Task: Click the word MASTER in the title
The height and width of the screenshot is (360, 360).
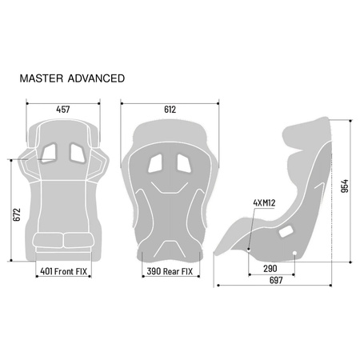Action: coord(44,78)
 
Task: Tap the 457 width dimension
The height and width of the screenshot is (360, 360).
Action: coord(63,109)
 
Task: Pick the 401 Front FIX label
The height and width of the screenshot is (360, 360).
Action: coord(63,272)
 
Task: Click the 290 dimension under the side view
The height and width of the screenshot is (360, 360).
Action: coord(271,269)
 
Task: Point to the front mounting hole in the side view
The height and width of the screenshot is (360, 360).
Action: coord(250,250)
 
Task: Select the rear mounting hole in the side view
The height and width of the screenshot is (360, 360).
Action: coord(296,254)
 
